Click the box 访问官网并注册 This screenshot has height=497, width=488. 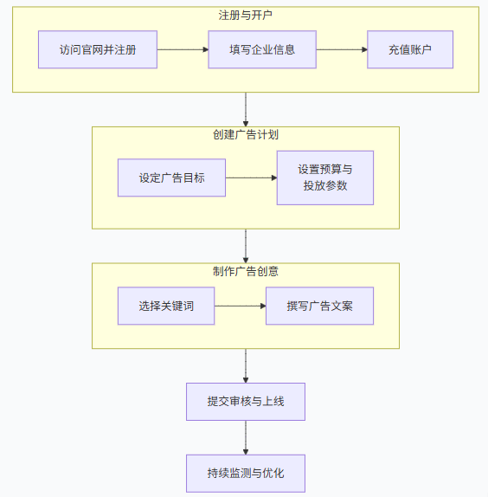pyautogui.click(x=98, y=49)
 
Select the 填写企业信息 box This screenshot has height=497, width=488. pyautogui.click(x=262, y=49)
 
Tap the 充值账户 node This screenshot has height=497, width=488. pyautogui.click(x=409, y=49)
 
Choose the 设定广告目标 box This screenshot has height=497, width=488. pyautogui.click(x=171, y=177)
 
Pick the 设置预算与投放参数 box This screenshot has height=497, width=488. pyautogui.click(x=324, y=177)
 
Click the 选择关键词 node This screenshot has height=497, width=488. pyautogui.click(x=165, y=306)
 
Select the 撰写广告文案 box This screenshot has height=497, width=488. pyautogui.click(x=319, y=306)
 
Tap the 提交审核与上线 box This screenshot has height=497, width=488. pyautogui.click(x=246, y=402)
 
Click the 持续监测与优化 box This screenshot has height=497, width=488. pyautogui.click(x=246, y=474)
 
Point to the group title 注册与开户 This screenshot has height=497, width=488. pyautogui.click(x=246, y=16)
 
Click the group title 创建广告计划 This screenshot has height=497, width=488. pyautogui.click(x=246, y=135)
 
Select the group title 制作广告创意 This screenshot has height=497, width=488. pyautogui.click(x=246, y=271)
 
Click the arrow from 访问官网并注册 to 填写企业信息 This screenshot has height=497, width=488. pyautogui.click(x=183, y=49)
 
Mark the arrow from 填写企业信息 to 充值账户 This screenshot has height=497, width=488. pyautogui.click(x=342, y=49)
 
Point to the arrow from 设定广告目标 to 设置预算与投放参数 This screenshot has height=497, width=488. pyautogui.click(x=251, y=177)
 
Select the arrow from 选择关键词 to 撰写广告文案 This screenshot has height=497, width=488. pyautogui.click(x=240, y=306)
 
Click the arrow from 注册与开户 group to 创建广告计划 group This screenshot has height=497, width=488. pyautogui.click(x=246, y=109)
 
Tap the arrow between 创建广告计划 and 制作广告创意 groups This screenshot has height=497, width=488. pyautogui.click(x=246, y=246)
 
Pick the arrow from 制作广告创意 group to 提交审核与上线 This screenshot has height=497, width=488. pyautogui.click(x=246, y=365)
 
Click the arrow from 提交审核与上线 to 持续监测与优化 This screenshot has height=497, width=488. pyautogui.click(x=246, y=437)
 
